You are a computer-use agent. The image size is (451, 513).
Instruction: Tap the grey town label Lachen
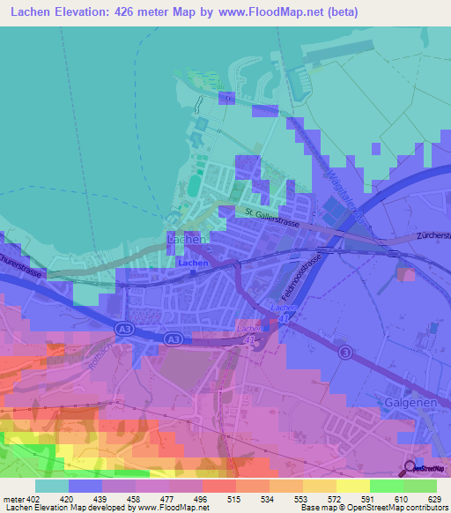pos(187,239)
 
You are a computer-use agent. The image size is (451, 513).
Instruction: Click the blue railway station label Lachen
pos(192,263)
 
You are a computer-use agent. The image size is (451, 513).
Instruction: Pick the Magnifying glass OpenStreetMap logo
pos(411,469)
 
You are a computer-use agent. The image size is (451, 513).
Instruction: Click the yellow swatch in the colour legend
pos(352,486)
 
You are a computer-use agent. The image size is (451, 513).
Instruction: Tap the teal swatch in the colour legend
pos(52,486)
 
